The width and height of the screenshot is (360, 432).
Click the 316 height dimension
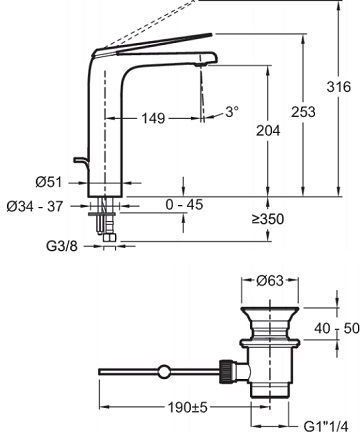point(339,87)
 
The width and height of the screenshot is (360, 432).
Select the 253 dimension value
point(303,112)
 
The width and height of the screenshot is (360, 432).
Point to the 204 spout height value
point(268,130)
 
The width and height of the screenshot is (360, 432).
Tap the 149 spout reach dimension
point(154,118)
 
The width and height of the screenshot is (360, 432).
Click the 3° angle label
point(232,111)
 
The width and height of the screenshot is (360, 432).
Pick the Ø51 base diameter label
point(49,182)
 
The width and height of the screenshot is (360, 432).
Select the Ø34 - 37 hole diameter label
point(35,207)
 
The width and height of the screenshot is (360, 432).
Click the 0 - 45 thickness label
point(184,204)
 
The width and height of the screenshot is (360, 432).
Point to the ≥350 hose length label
point(268,219)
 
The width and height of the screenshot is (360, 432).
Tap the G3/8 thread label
point(62,246)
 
